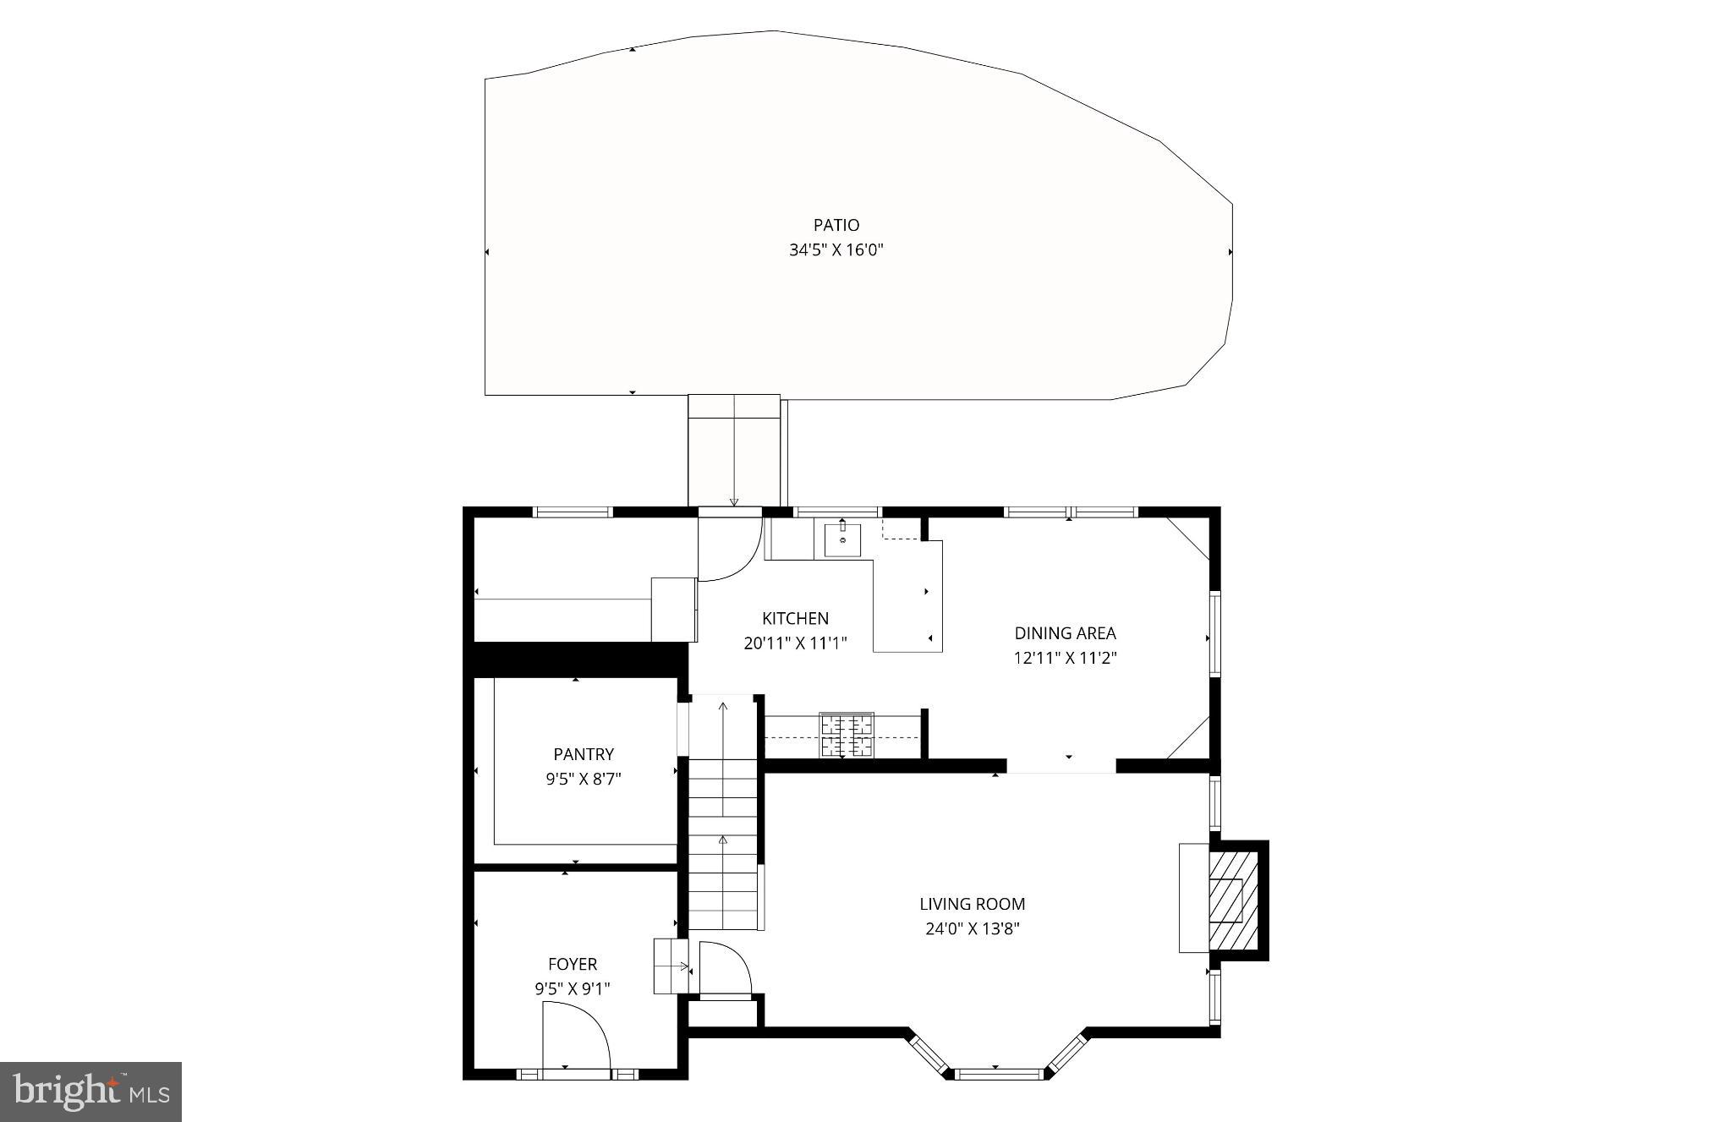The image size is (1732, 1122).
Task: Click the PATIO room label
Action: tap(836, 225)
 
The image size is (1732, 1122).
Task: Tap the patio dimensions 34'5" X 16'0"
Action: tap(836, 250)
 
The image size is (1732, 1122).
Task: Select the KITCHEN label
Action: tap(795, 618)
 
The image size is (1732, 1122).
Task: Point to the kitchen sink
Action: tap(842, 539)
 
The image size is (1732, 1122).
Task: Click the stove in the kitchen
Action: tap(846, 735)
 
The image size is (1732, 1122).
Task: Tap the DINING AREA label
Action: tap(1065, 632)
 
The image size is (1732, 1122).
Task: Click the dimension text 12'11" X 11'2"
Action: tap(1065, 658)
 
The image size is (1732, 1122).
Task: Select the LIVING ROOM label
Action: tap(972, 904)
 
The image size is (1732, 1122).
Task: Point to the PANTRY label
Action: tap(584, 753)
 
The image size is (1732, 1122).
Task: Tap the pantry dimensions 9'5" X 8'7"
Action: tap(584, 779)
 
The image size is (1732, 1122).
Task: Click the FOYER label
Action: tap(573, 964)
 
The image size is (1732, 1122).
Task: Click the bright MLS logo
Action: tap(91, 1092)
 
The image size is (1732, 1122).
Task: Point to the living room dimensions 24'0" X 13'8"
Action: tap(972, 928)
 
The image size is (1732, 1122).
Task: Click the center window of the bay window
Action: tap(996, 1074)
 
